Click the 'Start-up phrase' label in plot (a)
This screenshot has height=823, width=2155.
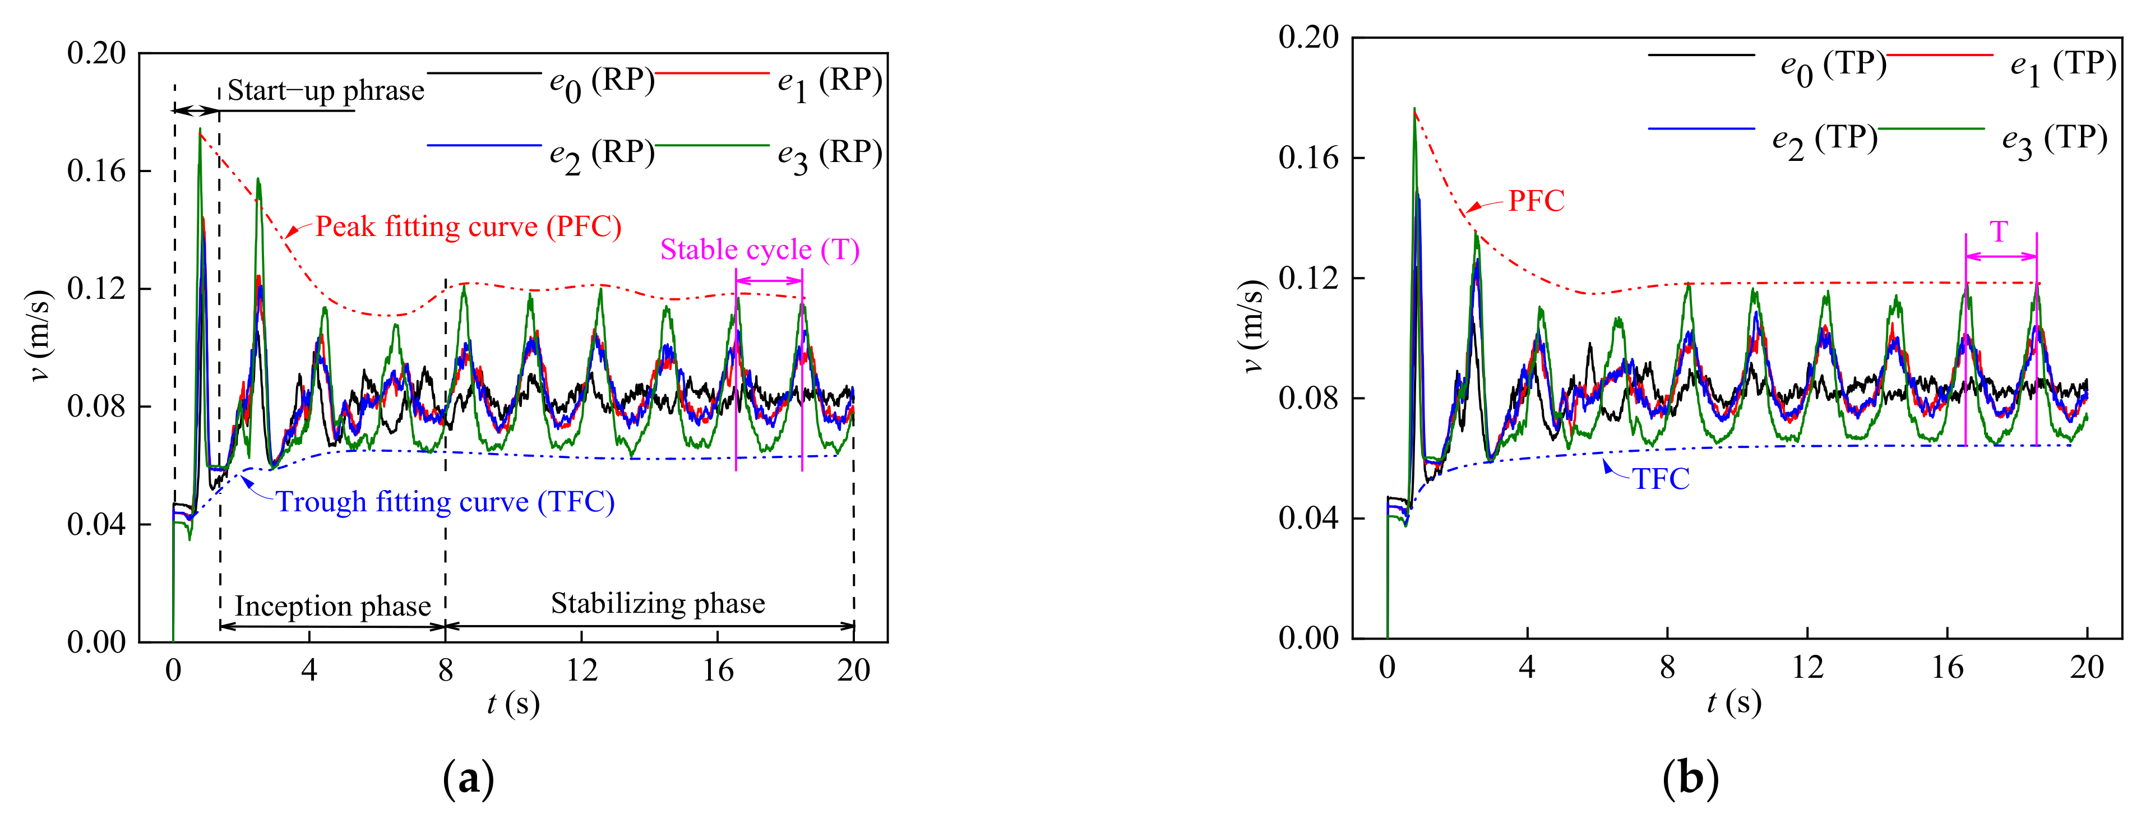click(x=325, y=90)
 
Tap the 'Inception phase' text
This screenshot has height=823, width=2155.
click(x=332, y=605)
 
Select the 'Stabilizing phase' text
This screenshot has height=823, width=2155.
click(x=658, y=603)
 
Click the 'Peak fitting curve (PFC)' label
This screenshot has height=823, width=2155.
click(x=468, y=226)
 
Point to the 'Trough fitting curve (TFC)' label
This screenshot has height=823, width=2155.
click(x=445, y=502)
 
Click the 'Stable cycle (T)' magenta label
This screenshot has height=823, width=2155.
click(x=760, y=249)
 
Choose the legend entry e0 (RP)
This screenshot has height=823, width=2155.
click(x=600, y=81)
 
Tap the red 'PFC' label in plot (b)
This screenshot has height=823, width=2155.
click(x=1536, y=201)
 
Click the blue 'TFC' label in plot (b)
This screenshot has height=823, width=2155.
click(x=1661, y=479)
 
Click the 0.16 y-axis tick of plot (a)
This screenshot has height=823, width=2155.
click(x=96, y=170)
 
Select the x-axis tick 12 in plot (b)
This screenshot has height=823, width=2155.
click(x=1807, y=667)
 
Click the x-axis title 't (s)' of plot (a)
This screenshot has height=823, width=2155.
click(x=513, y=704)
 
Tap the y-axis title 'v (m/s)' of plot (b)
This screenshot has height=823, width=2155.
click(x=1251, y=326)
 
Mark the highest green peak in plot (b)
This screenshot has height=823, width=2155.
click(x=1414, y=109)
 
